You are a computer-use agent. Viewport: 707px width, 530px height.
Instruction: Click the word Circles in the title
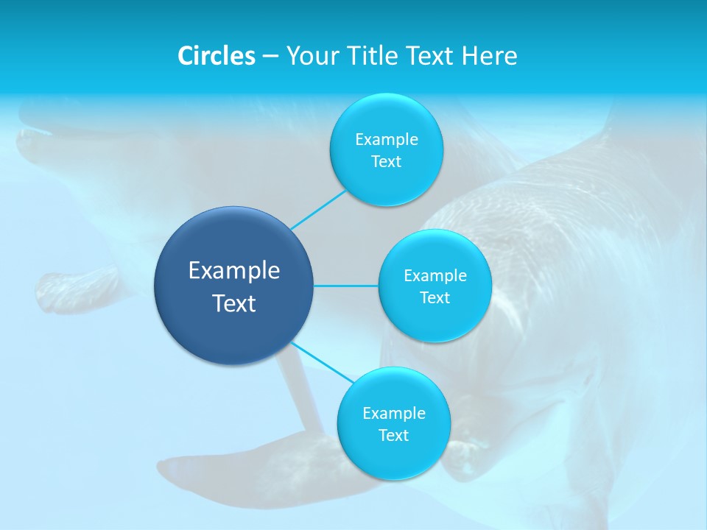216,56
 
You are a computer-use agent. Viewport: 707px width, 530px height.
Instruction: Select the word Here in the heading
489,56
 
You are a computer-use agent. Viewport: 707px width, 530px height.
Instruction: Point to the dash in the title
270,57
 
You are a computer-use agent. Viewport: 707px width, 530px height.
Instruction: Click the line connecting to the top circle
318,210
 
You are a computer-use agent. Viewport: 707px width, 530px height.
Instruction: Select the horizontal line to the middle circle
346,286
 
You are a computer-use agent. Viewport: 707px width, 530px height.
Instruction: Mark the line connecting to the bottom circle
320,361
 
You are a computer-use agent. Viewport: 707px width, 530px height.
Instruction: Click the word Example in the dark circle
234,271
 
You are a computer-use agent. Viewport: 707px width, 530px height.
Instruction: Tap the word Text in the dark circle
234,303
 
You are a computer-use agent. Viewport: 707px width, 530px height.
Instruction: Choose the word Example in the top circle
386,140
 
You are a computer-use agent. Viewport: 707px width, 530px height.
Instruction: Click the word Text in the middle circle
435,298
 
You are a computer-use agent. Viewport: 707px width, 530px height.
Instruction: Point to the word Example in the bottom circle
393,414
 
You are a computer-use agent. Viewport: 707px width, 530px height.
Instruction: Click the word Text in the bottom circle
393,436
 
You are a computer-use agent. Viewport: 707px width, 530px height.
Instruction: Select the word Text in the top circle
386,162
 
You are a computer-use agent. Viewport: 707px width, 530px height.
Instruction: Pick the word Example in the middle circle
435,276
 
